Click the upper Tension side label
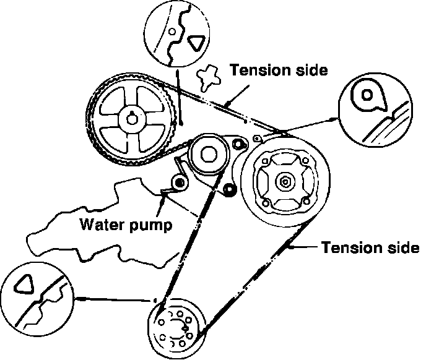point(278,69)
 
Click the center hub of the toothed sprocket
point(131,118)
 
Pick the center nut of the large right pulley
point(286,181)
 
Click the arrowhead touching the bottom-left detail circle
point(79,299)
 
